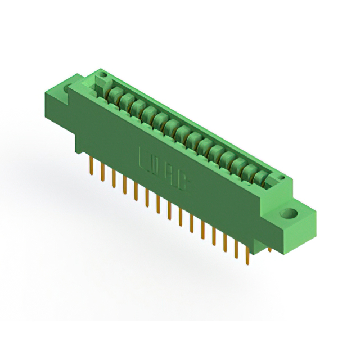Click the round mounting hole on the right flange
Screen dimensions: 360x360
288,214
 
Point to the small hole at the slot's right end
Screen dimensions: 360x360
278,179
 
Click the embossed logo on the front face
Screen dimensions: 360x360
164,168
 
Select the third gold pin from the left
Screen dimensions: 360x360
114,179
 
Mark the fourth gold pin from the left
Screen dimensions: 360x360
125,186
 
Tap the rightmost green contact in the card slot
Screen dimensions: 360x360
260,178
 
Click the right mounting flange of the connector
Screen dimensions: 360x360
292,219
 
